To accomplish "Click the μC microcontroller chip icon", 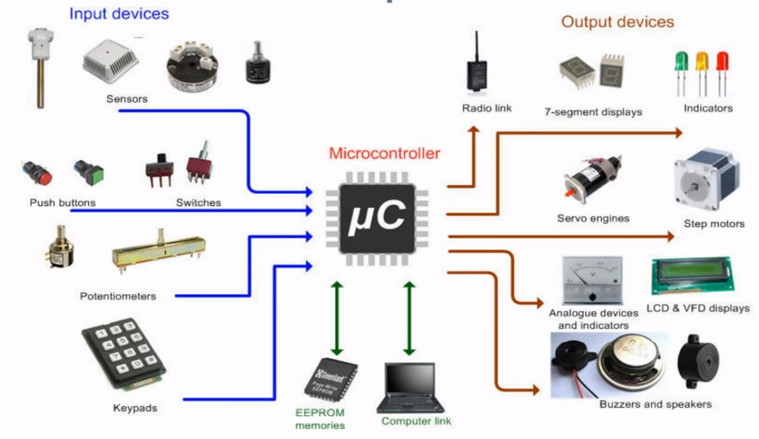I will point(377,217).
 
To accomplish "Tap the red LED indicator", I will point(722,61).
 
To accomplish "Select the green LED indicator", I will point(681,61).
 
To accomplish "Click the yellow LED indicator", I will point(702,61).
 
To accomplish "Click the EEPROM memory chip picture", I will point(331,379).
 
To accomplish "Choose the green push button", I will point(89,173).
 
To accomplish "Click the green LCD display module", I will point(691,275).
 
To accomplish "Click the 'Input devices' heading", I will point(119,13).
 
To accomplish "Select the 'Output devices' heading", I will point(618,22).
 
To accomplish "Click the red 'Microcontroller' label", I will point(384,154).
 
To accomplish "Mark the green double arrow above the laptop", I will point(409,318).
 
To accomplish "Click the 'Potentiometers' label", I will point(118,296).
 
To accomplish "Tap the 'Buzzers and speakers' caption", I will point(655,404).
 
